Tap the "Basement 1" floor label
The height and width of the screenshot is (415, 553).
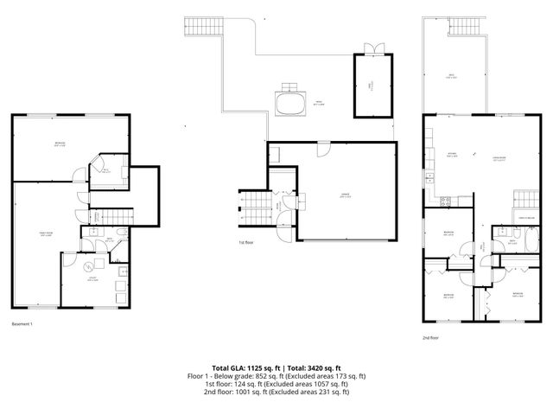click(x=22, y=323)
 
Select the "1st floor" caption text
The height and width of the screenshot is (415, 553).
click(x=246, y=243)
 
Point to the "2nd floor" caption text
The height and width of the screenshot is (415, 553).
click(x=430, y=338)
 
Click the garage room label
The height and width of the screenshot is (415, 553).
click(x=344, y=195)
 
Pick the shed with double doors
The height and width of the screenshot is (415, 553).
click(x=370, y=84)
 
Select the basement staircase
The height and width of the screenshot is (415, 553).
click(x=111, y=214)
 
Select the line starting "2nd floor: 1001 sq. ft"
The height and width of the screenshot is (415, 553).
click(x=276, y=392)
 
